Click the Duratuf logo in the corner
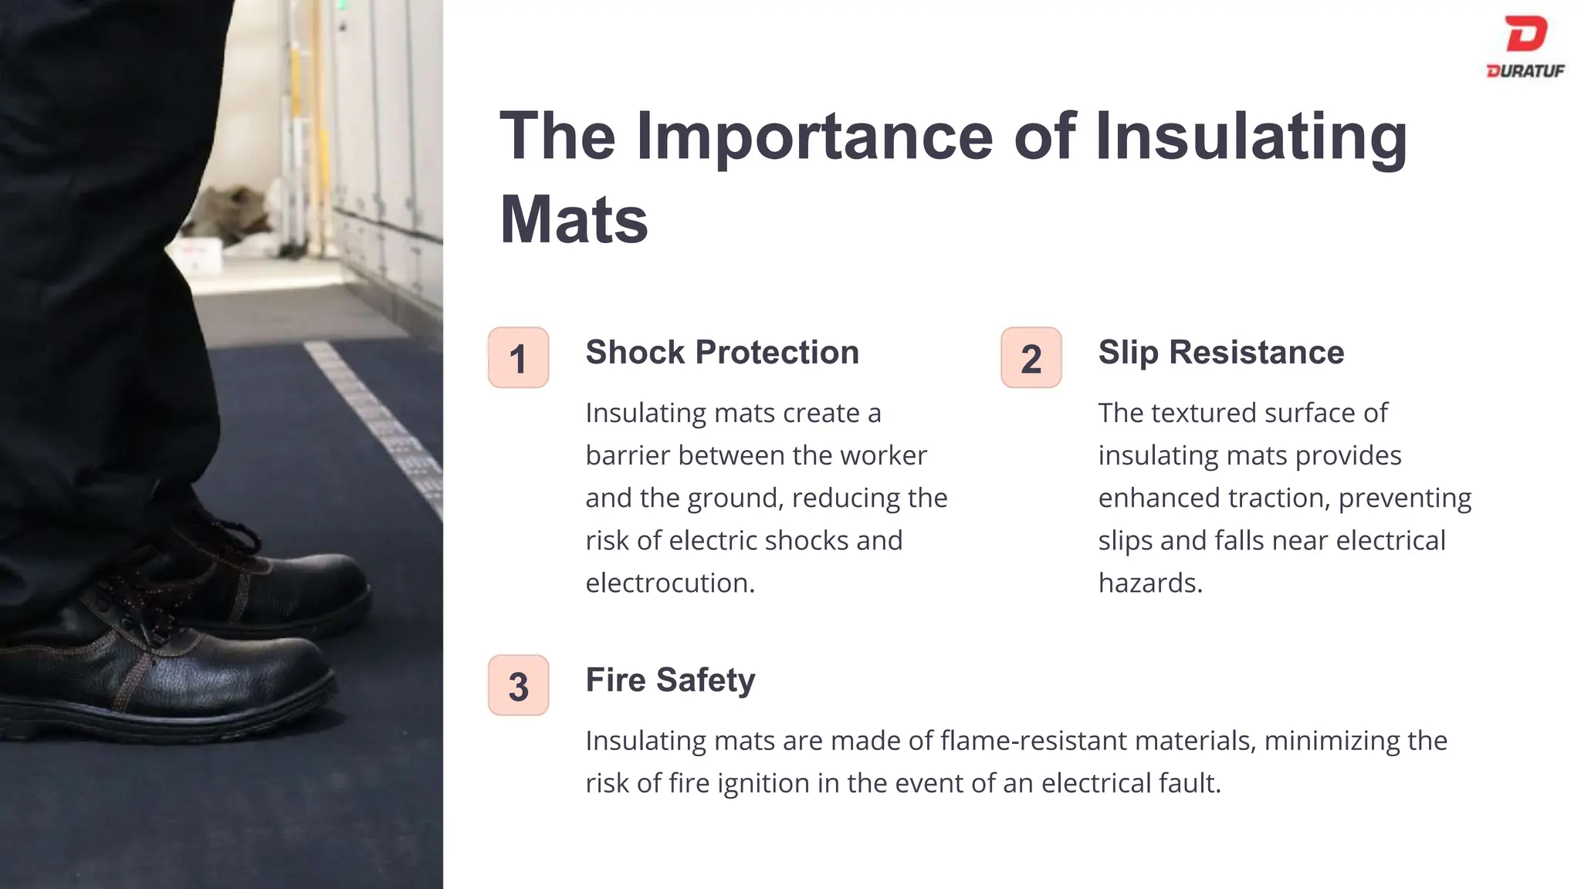[x=1525, y=46]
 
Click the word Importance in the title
[x=814, y=137]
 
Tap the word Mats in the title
[x=574, y=220]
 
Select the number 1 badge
[x=518, y=358]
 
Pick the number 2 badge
[x=1031, y=358]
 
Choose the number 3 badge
[x=518, y=686]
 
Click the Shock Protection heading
[x=722, y=353]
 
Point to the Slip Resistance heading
[x=1220, y=353]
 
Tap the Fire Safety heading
[x=670, y=681]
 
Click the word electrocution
[x=669, y=583]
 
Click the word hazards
[x=1149, y=583]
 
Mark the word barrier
[x=627, y=456]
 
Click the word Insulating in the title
[x=1251, y=137]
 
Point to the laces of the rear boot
[x=224, y=532]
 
